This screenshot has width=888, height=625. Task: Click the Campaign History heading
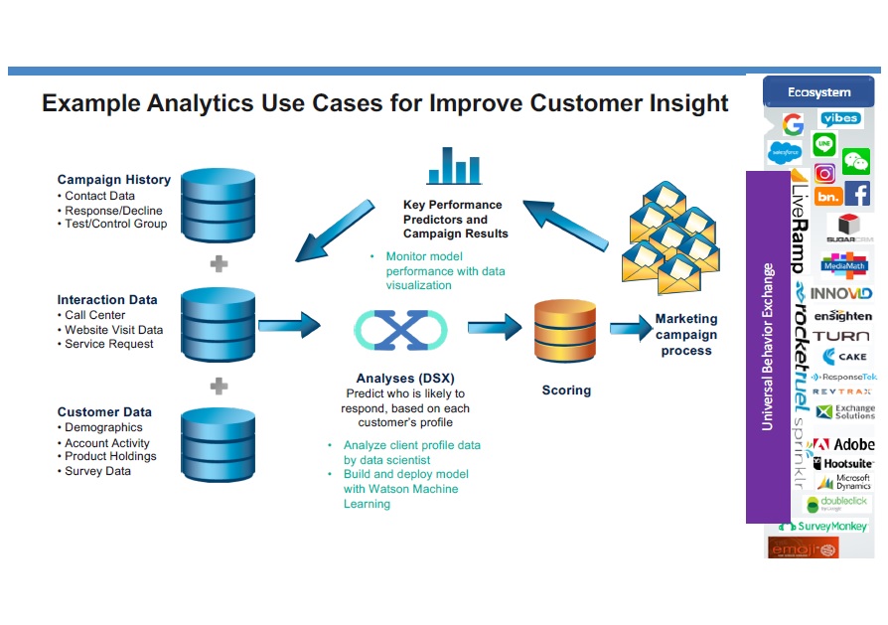(x=113, y=180)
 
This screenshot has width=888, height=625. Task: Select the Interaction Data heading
(x=107, y=299)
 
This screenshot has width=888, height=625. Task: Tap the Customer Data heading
(x=104, y=411)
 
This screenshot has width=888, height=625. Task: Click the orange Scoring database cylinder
(x=565, y=332)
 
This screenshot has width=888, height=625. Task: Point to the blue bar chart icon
(x=454, y=166)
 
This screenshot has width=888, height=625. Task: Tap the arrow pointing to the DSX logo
(x=289, y=324)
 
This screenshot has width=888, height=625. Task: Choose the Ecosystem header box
(x=818, y=92)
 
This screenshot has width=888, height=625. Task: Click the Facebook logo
(x=857, y=194)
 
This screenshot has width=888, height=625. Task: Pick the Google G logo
(x=792, y=124)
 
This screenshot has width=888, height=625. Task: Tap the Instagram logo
(x=824, y=173)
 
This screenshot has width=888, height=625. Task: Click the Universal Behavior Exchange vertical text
(x=767, y=347)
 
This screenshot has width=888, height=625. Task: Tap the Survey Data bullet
(x=97, y=471)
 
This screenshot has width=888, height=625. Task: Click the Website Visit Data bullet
(x=113, y=330)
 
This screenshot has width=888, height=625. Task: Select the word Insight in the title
(x=684, y=103)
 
